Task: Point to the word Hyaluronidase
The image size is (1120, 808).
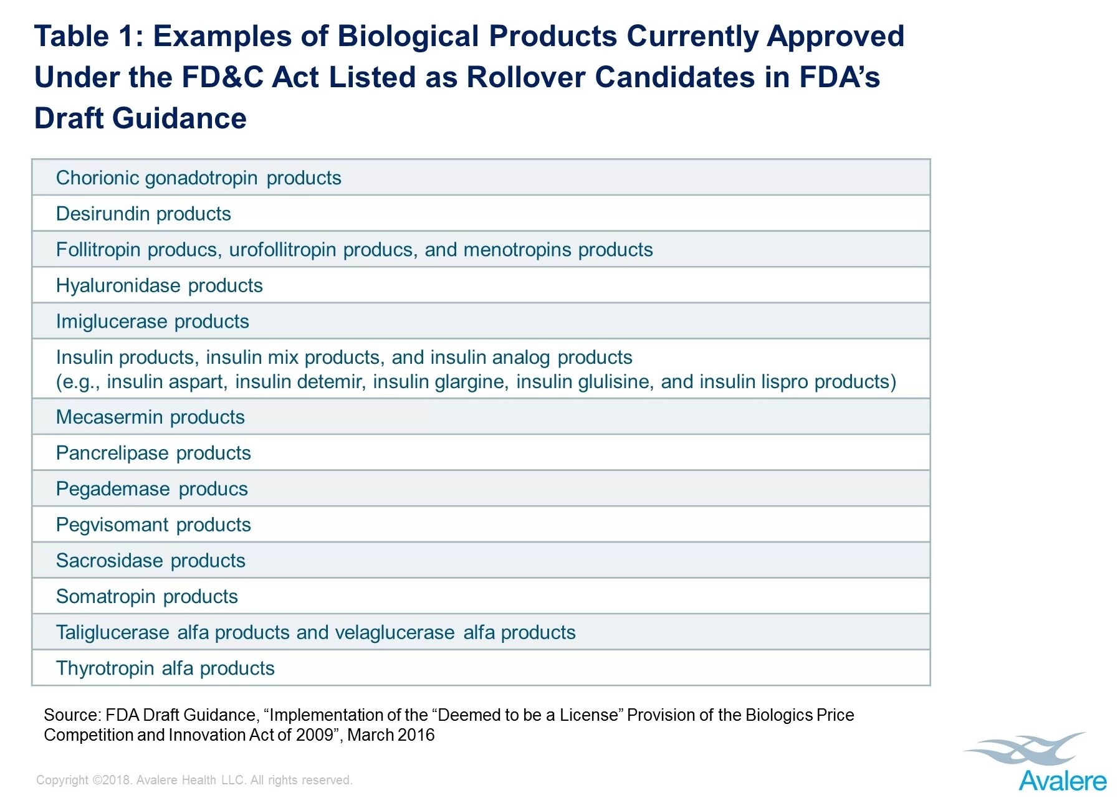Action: tap(118, 286)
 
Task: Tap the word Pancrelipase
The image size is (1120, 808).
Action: tap(112, 453)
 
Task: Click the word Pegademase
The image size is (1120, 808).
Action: tap(112, 489)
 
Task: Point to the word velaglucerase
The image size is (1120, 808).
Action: tap(395, 633)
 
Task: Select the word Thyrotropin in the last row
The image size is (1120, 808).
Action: tap(105, 668)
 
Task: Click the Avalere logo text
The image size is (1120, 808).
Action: tap(1062, 781)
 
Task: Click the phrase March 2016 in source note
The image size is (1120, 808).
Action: tap(391, 735)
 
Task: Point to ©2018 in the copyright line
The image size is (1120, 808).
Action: tap(112, 780)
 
